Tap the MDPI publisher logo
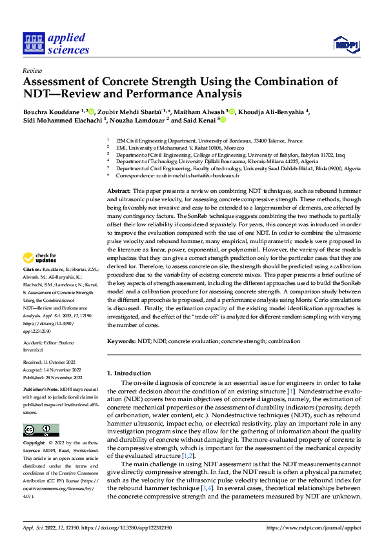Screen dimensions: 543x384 [x=347, y=44]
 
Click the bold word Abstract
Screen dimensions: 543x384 [x=118, y=192]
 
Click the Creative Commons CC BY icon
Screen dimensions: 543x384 [x=41, y=430]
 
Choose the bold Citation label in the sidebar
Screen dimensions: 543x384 [x=32, y=268]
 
